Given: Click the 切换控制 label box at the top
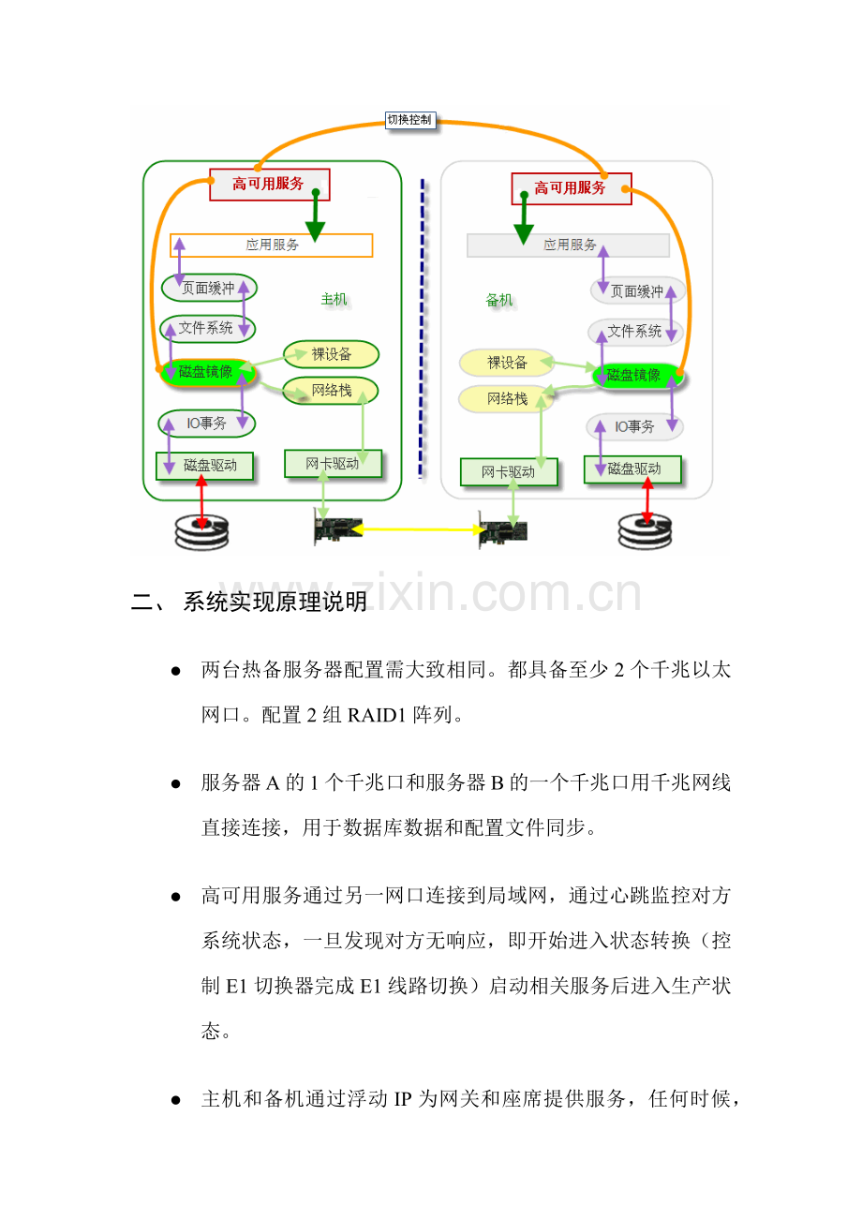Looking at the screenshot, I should pyautogui.click(x=410, y=120).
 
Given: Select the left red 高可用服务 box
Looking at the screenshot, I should pyautogui.click(x=269, y=185).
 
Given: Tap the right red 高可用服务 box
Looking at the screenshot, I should pyautogui.click(x=571, y=188).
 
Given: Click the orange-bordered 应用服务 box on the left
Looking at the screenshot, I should pyautogui.click(x=272, y=245).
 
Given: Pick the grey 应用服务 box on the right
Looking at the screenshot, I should pyautogui.click(x=569, y=245).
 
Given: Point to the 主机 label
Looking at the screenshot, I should pyautogui.click(x=334, y=299).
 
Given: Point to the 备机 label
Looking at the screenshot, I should pyautogui.click(x=499, y=300).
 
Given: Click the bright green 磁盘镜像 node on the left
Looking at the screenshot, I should pyautogui.click(x=205, y=372).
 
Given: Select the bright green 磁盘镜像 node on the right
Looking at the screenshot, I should pyautogui.click(x=634, y=376).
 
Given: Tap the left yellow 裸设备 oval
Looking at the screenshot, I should pyautogui.click(x=331, y=354).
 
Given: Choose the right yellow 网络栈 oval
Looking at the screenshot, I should pyautogui.click(x=506, y=399).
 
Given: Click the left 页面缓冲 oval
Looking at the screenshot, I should pyautogui.click(x=209, y=289).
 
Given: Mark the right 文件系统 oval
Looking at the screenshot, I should pyautogui.click(x=635, y=332).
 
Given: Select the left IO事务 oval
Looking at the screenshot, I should pyautogui.click(x=206, y=424).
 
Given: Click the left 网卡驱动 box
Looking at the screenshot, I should pyautogui.click(x=333, y=464).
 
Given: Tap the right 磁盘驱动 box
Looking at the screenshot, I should pyautogui.click(x=633, y=469).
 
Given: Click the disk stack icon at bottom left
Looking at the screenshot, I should pyautogui.click(x=201, y=531).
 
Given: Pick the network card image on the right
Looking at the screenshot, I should pyautogui.click(x=502, y=530).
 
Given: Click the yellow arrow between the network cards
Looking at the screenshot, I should pyautogui.click(x=417, y=530).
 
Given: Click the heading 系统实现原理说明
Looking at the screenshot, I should pyautogui.click(x=275, y=602).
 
